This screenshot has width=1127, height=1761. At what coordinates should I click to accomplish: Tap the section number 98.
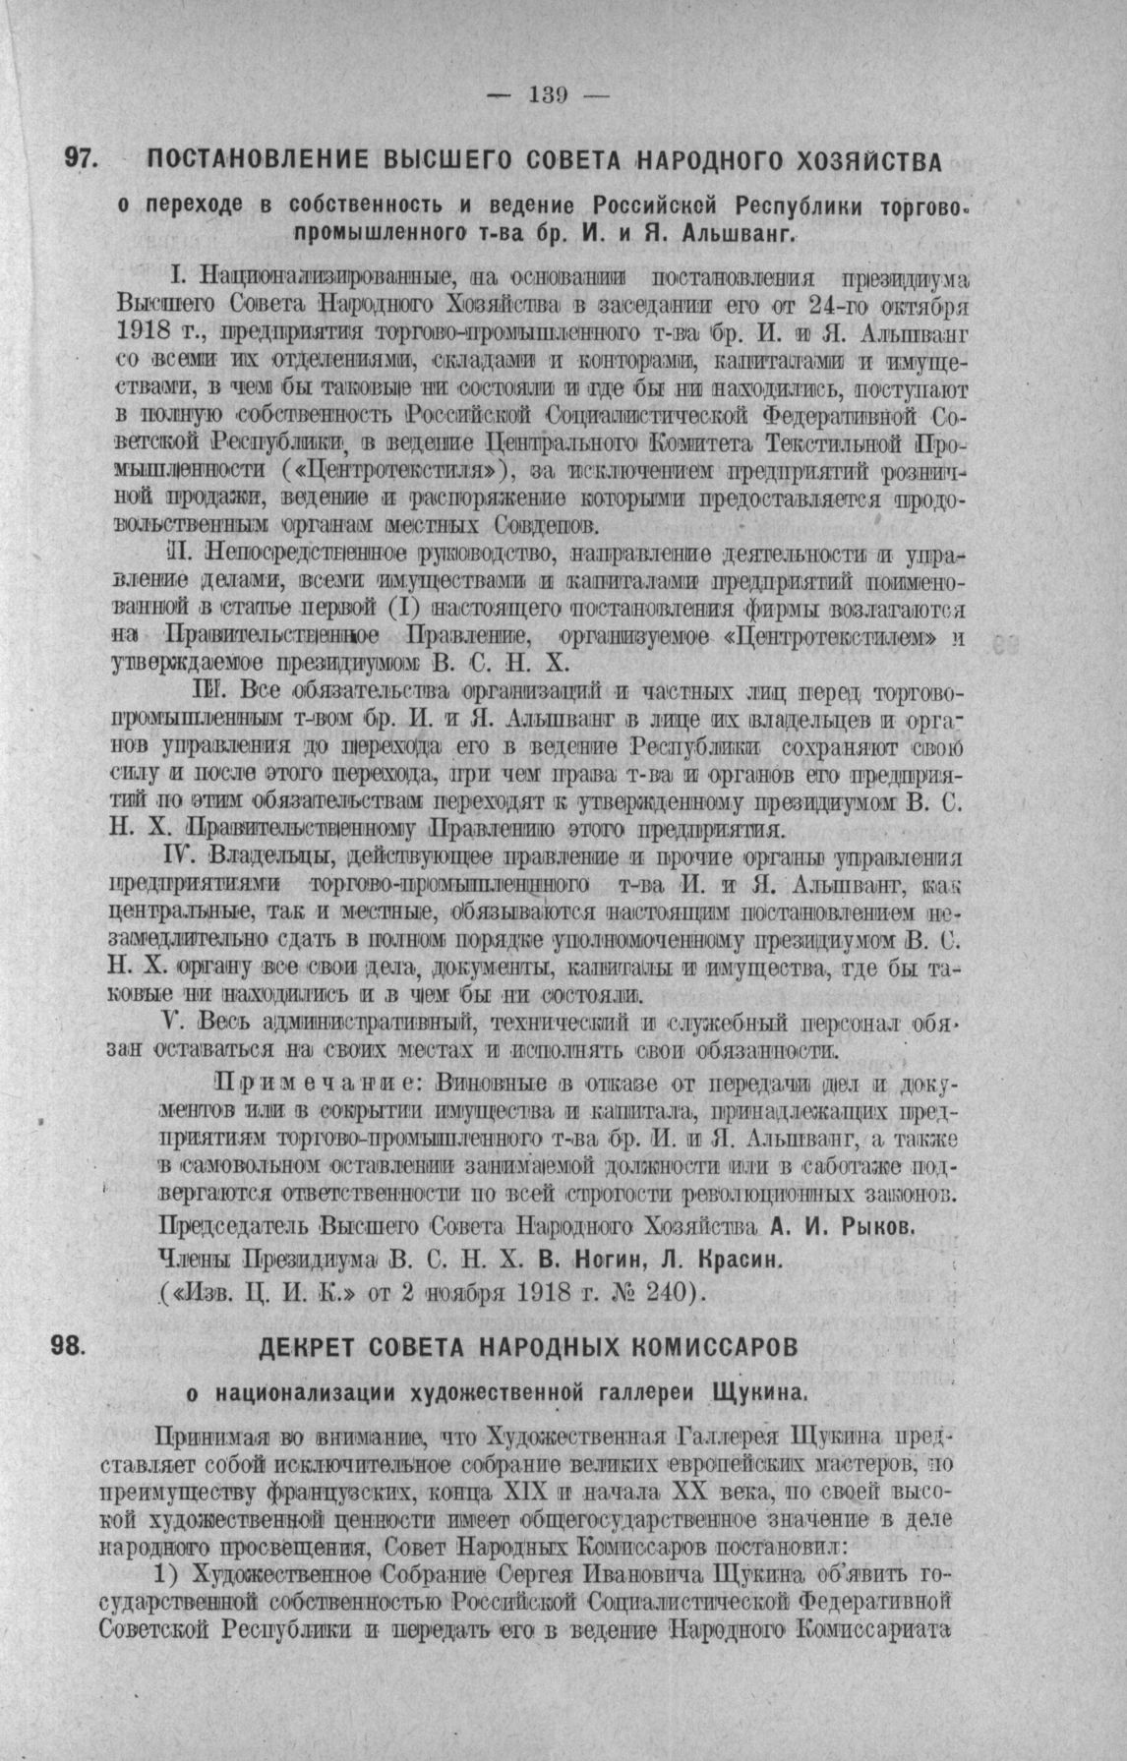69,1346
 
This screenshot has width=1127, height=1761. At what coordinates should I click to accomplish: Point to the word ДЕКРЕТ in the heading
314,1347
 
